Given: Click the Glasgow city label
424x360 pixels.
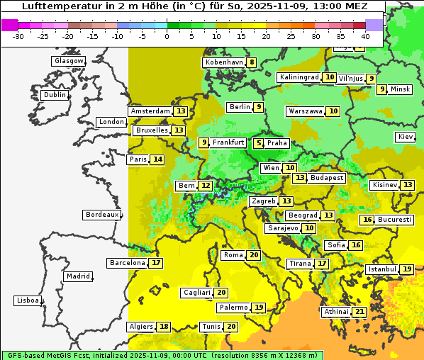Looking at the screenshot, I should tap(69, 61).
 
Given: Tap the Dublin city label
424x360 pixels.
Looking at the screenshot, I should tap(55, 95).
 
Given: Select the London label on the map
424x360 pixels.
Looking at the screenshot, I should tap(111, 122).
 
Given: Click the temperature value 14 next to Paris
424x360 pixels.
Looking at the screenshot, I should tap(157, 159).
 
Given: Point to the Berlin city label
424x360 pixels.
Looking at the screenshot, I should tap(240, 107).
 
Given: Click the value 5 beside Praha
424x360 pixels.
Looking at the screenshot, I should tap(259, 143).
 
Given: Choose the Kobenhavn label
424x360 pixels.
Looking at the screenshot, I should tap(224, 62).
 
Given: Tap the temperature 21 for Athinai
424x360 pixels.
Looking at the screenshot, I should tap(359, 312).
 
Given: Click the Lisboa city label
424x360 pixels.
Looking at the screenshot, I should tap(28, 300).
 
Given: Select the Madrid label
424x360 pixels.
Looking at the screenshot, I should tap(78, 276).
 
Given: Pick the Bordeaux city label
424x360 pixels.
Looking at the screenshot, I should tap(101, 215).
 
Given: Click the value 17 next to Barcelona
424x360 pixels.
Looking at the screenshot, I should tap(156, 263).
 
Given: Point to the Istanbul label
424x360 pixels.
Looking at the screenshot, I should tap(381, 269).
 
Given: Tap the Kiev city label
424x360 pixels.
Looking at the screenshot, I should tap(406, 137).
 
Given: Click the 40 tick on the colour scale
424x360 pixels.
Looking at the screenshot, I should tap(364, 36).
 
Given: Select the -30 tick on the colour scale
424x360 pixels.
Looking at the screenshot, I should tap(18, 36).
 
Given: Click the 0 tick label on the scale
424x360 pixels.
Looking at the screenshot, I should tap(167, 36).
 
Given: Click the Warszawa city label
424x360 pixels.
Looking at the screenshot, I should tap(305, 111).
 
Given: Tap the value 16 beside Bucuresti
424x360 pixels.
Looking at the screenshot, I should tap(367, 220).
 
